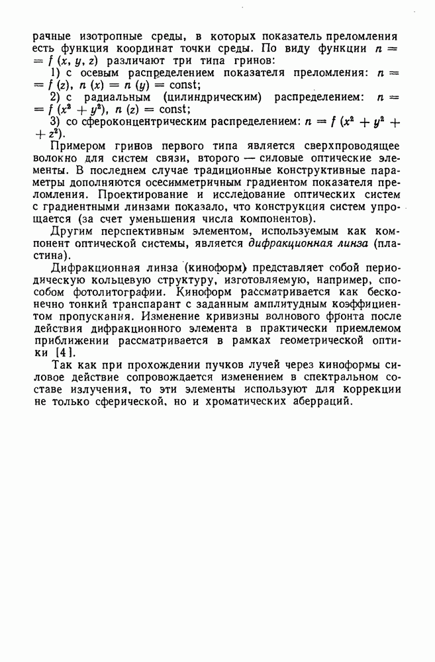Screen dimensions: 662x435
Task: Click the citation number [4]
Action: coord(64,354)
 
